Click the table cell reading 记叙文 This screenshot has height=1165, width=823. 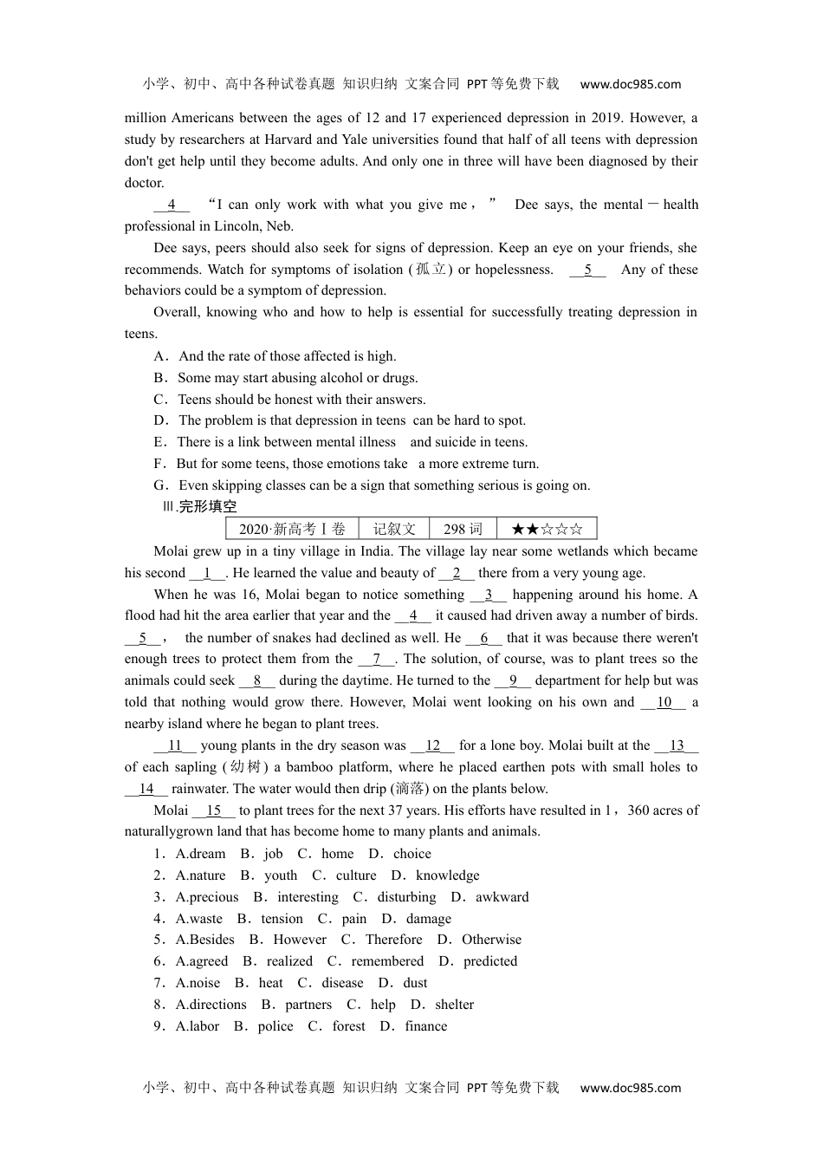pyautogui.click(x=394, y=529)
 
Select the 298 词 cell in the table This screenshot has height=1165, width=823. pyautogui.click(x=463, y=529)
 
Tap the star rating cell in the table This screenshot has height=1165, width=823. pyautogui.click(x=547, y=529)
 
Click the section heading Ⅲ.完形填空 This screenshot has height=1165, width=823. pyautogui.click(x=200, y=507)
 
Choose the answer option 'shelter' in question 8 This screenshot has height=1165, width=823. pyautogui.click(x=454, y=1005)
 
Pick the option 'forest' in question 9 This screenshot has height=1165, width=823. pyautogui.click(x=348, y=1026)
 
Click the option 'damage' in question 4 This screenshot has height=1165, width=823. pyautogui.click(x=428, y=919)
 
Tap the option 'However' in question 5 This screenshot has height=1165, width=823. pyautogui.click(x=300, y=940)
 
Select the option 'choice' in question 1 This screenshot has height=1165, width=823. pyautogui.click(x=411, y=854)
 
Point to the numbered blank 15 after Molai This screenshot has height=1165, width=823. pyautogui.click(x=214, y=810)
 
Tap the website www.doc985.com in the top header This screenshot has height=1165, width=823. pyautogui.click(x=630, y=84)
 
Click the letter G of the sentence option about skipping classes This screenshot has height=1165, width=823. pyautogui.click(x=159, y=485)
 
